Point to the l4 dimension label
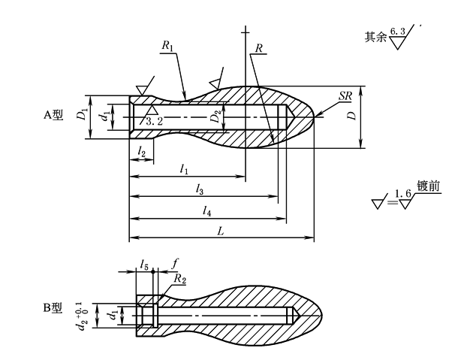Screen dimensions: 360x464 coord(206,212)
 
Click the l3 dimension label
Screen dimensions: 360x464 coord(200,189)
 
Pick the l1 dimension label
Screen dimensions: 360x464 coord(184,170)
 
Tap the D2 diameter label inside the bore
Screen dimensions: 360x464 coord(215,118)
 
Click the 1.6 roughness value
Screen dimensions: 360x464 coord(404,194)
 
